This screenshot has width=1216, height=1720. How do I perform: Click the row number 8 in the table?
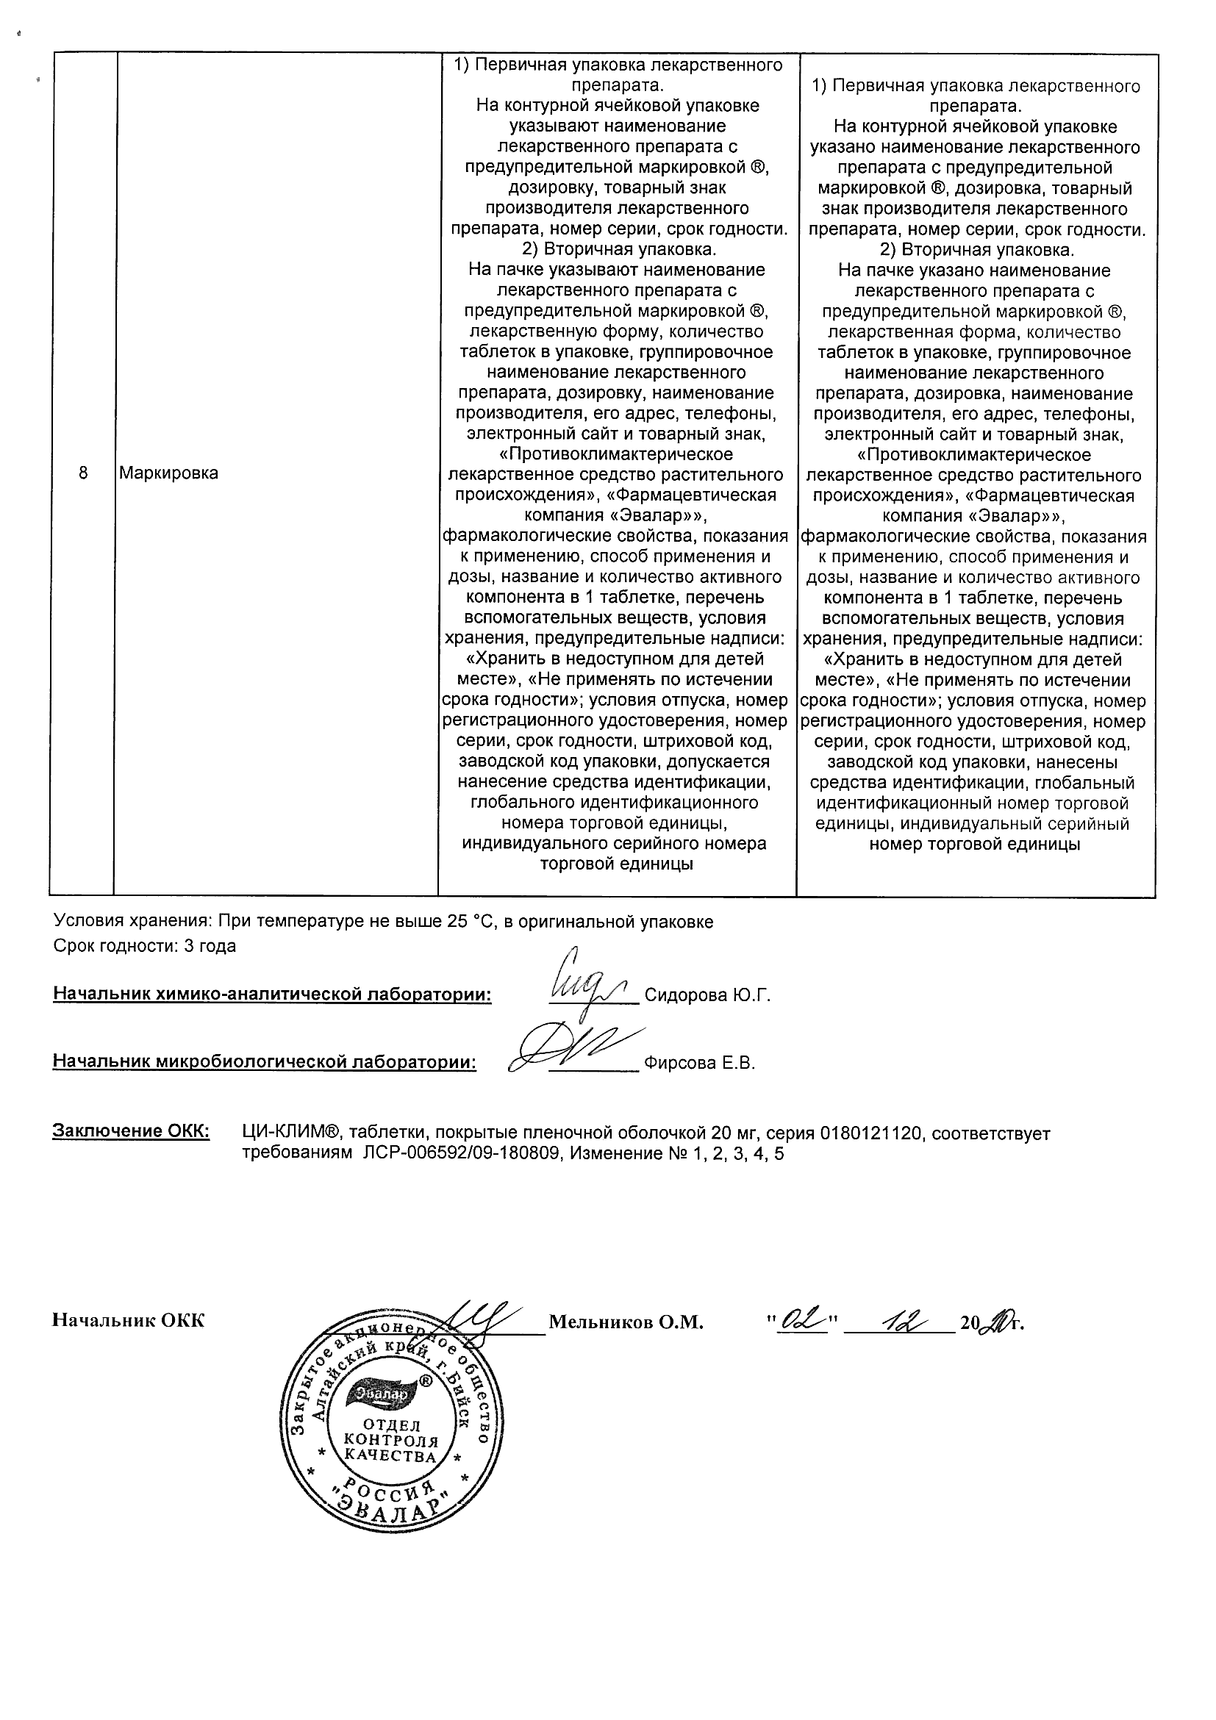[x=82, y=473]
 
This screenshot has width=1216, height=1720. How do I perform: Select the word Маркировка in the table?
[x=168, y=473]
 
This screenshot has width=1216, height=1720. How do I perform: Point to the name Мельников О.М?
[x=626, y=1323]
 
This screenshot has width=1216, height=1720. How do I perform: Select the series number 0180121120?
[x=868, y=1133]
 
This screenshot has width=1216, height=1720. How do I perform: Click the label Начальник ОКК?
[x=128, y=1321]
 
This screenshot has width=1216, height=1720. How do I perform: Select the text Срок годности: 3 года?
[x=145, y=946]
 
